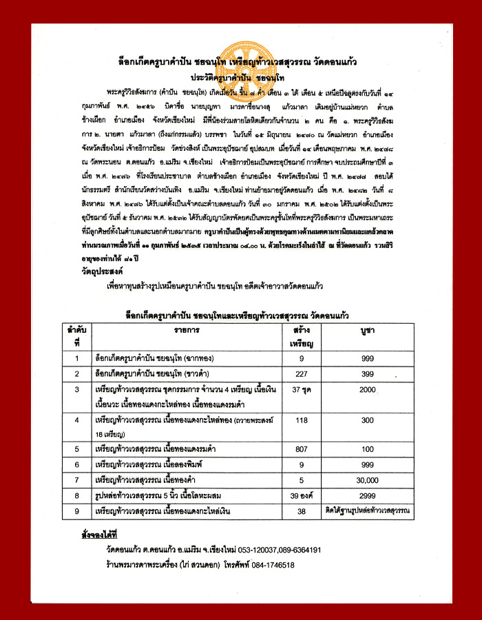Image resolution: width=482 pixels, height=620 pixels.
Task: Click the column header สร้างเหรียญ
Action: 302,336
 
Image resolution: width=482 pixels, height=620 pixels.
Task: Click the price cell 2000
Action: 368,391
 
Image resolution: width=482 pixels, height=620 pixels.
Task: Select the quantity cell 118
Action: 302,420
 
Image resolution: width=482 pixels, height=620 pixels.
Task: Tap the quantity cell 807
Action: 302,449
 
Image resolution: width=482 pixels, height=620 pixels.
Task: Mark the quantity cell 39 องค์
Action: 302,495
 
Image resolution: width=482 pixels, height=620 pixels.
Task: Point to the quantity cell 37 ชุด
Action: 302,391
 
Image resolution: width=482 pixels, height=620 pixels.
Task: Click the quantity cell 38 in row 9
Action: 302,511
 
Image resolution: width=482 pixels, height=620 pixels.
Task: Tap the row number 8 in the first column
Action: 77,495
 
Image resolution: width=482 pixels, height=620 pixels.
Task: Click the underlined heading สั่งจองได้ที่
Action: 99,534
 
